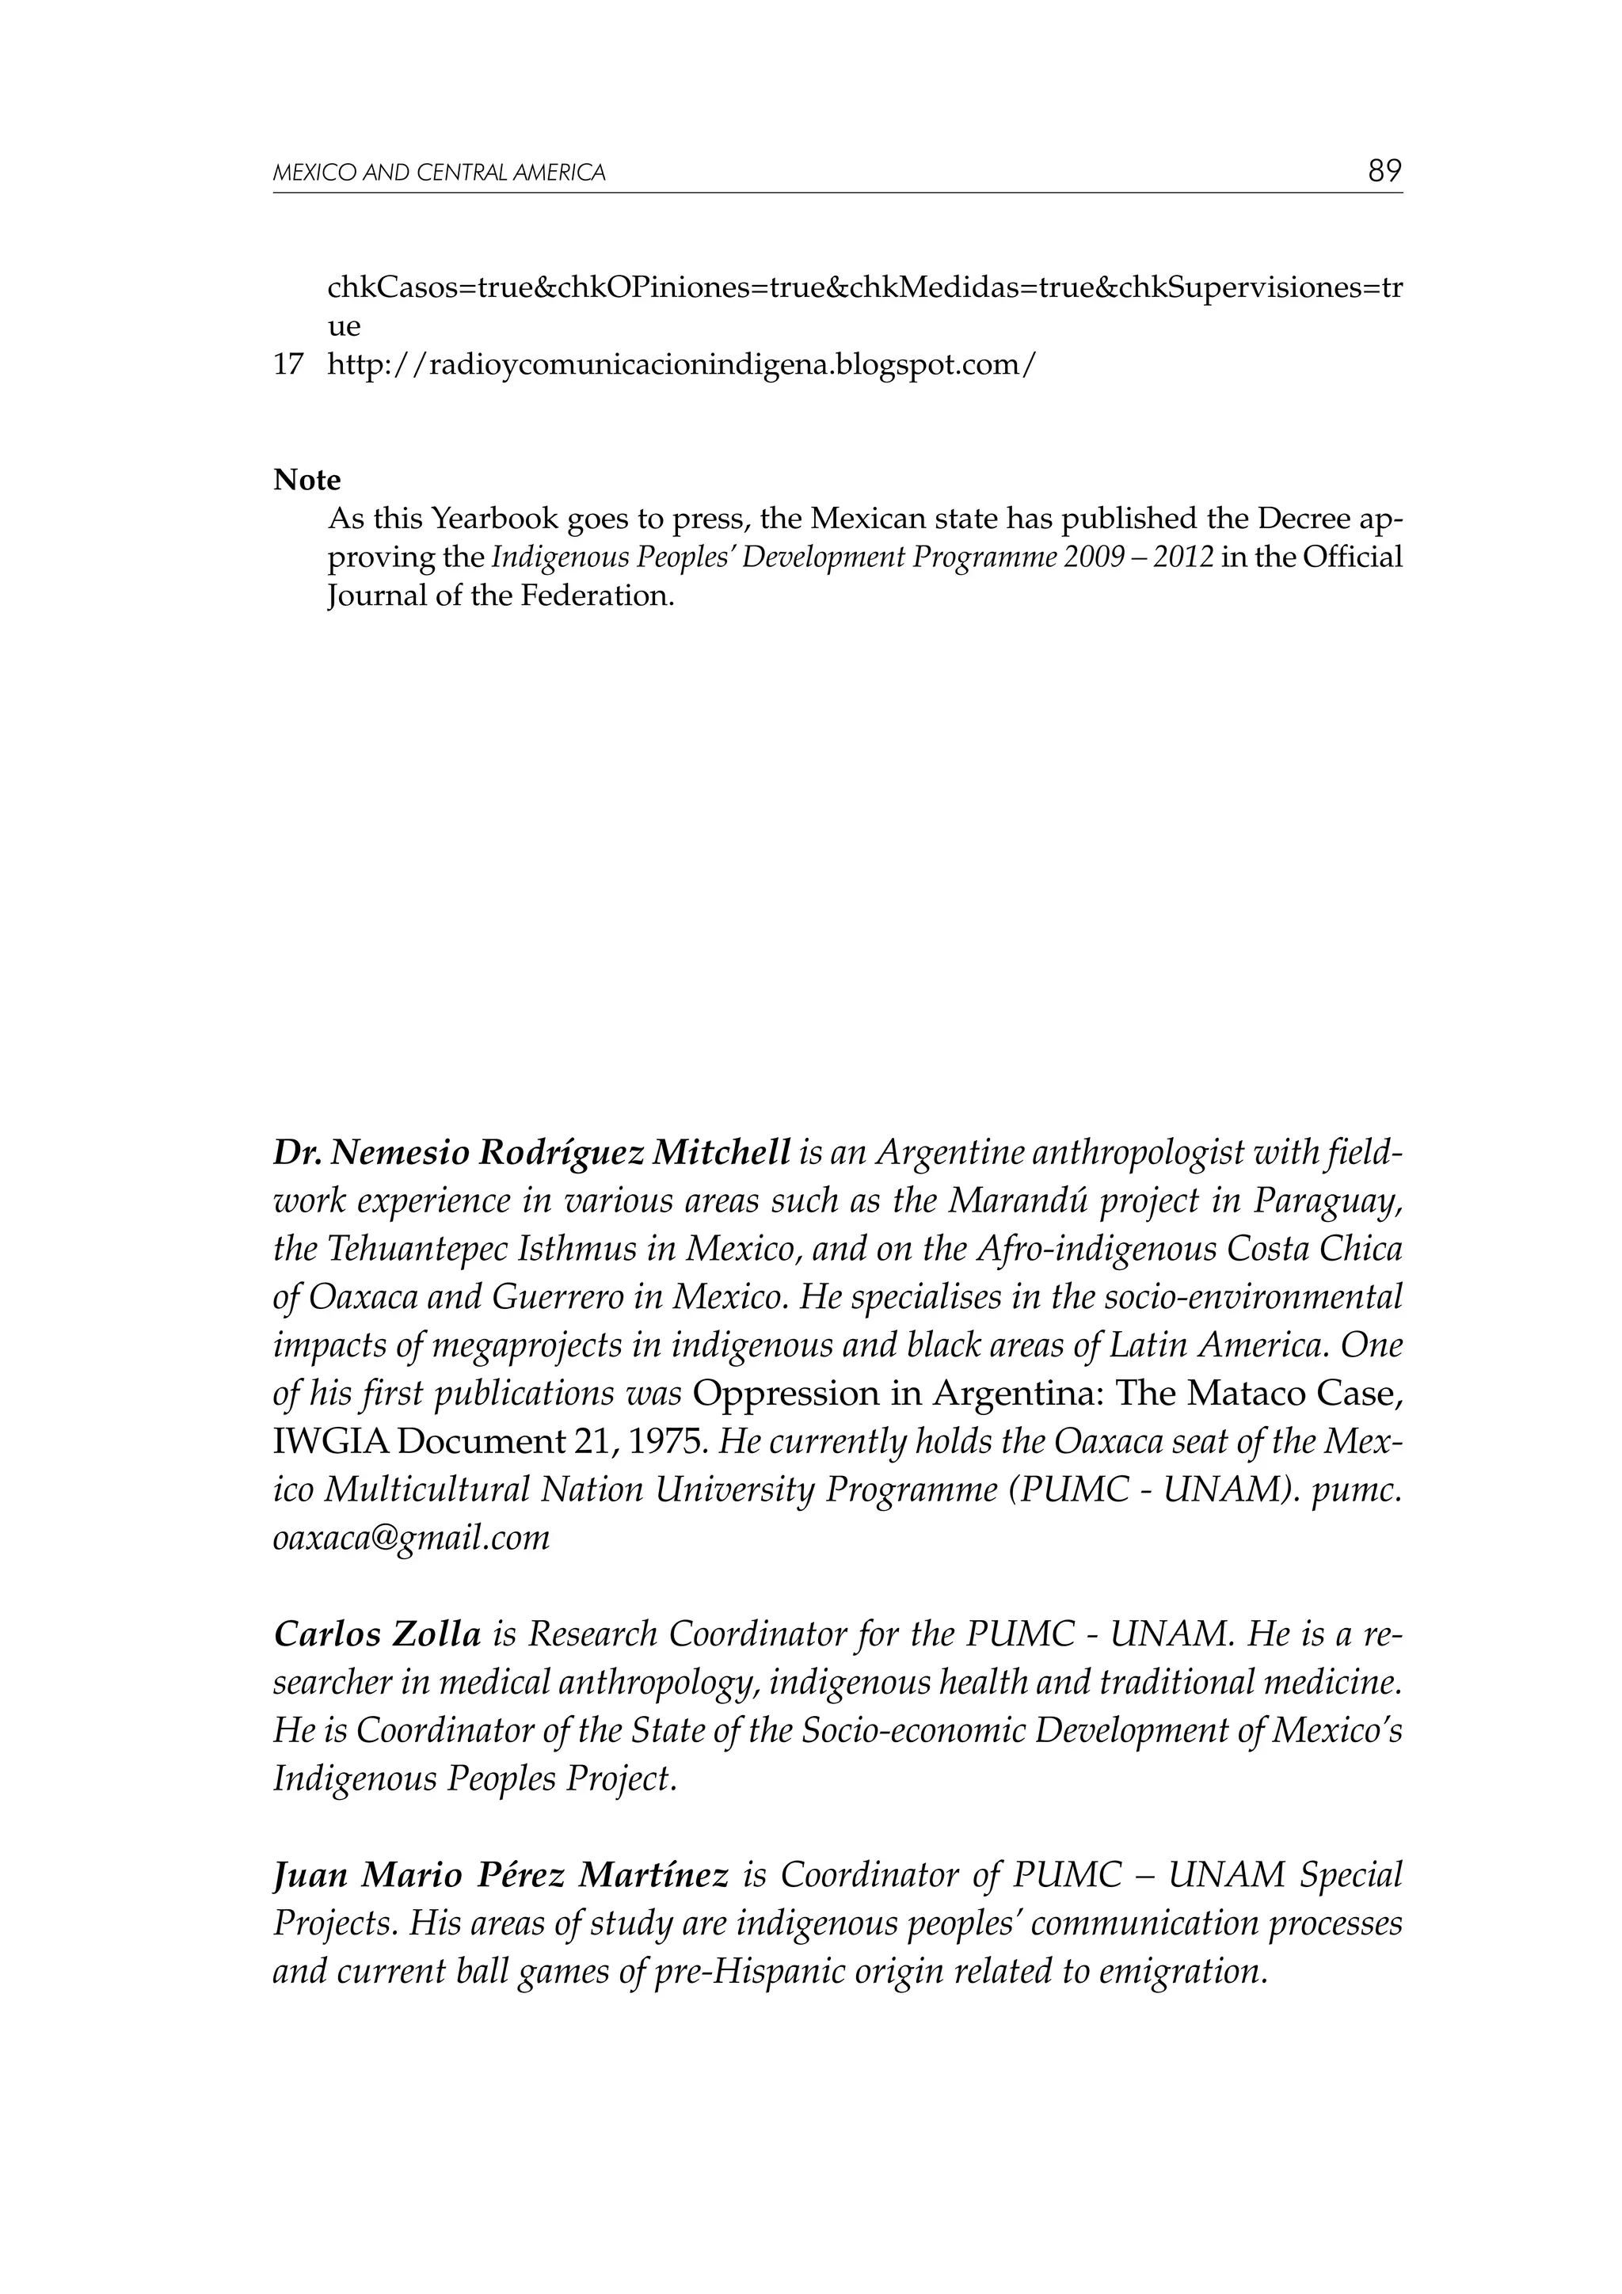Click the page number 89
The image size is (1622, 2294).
[x=1384, y=171]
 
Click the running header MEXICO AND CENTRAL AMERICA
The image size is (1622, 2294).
[x=439, y=173]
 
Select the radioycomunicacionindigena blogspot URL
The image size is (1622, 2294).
[x=682, y=366]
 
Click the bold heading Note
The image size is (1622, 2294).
[x=307, y=481]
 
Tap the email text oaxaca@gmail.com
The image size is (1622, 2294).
[x=411, y=1538]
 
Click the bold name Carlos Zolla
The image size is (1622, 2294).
[x=377, y=1634]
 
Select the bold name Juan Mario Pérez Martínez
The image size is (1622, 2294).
[x=500, y=1875]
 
